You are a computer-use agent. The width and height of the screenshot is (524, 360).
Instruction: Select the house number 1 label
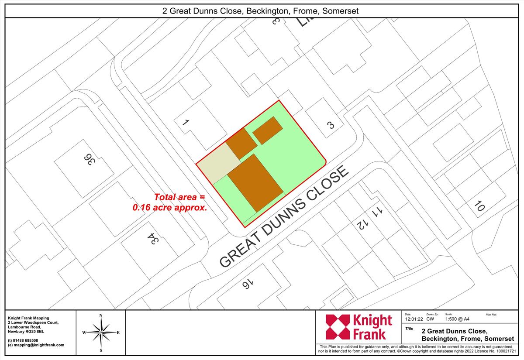click(x=185, y=123)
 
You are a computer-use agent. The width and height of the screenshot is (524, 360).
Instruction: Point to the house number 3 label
click(x=331, y=125)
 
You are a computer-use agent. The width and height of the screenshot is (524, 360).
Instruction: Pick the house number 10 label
click(x=479, y=206)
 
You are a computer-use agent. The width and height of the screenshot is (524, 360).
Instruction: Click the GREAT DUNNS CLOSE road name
click(x=284, y=217)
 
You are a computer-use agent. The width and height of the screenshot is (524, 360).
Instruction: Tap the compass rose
click(x=101, y=333)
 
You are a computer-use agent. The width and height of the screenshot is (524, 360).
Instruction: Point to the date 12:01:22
click(x=413, y=319)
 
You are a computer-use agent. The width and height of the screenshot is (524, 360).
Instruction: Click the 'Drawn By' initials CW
click(x=430, y=319)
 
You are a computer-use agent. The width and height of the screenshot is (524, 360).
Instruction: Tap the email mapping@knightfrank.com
click(x=36, y=345)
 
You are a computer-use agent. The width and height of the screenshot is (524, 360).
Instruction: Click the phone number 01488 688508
click(x=25, y=340)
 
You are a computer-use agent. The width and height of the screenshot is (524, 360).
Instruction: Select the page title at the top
click(x=262, y=11)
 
